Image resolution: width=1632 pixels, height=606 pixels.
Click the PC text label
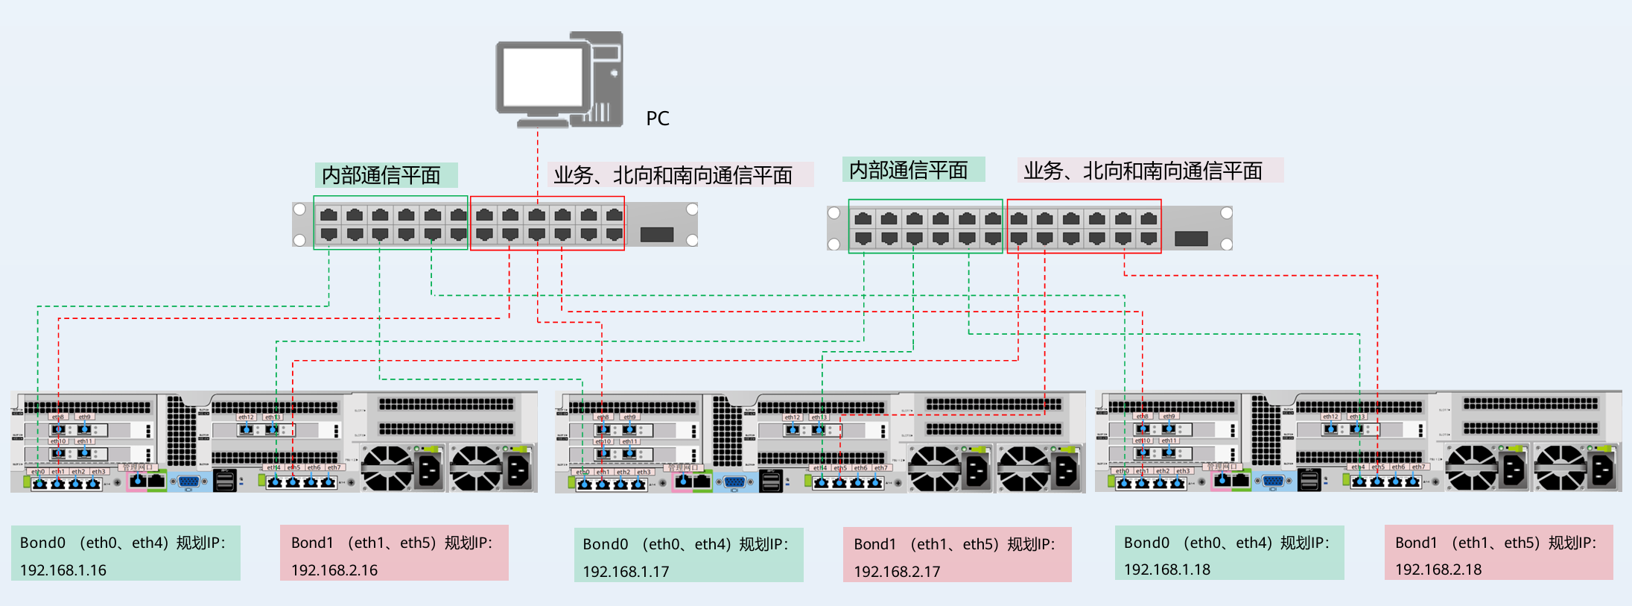(658, 119)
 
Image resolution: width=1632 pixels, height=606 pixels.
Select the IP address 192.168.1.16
(63, 570)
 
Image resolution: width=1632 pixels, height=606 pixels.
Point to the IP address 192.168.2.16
(334, 570)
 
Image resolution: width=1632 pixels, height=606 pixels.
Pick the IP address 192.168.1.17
(626, 572)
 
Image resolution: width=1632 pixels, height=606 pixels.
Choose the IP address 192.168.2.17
(897, 572)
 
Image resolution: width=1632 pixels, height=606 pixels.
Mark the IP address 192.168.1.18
(1167, 569)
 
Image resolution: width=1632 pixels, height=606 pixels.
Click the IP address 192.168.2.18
(1438, 569)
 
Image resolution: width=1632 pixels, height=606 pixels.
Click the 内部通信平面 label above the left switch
(381, 175)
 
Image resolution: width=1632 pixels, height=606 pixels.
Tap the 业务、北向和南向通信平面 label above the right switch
(1143, 171)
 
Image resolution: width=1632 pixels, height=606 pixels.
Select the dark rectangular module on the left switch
(657, 235)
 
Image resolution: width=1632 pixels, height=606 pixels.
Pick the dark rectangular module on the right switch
(1191, 239)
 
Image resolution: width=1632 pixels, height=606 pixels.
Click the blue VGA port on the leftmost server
(189, 482)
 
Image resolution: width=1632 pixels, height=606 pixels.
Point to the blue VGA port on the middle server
(734, 482)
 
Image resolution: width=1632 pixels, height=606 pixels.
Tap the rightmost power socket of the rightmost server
(1602, 470)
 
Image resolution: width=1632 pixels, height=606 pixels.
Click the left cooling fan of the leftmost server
(387, 468)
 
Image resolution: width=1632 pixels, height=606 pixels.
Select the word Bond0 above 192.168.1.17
(605, 545)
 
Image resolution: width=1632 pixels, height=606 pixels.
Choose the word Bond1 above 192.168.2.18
(1416, 543)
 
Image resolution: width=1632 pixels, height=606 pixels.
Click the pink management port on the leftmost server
(138, 481)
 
